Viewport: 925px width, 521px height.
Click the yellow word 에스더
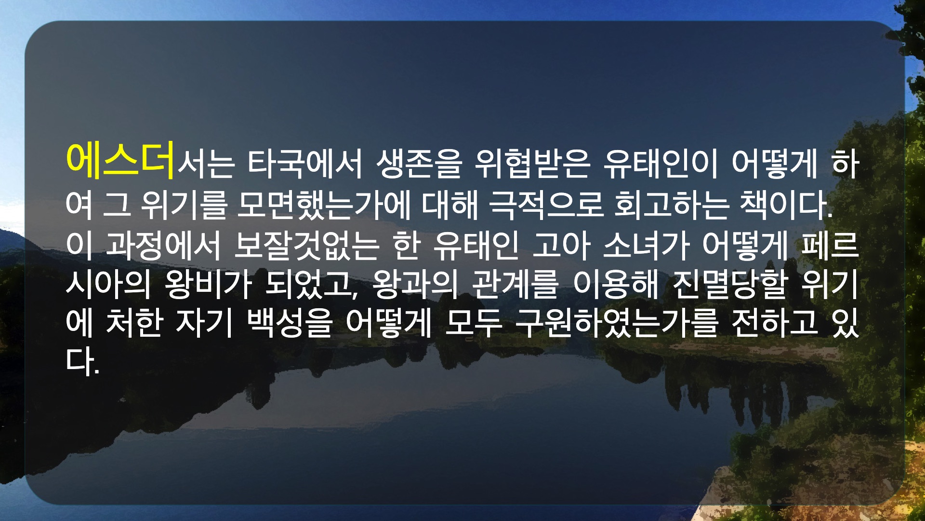coord(120,160)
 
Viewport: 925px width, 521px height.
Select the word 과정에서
coord(163,245)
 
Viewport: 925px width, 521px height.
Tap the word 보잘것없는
coord(307,245)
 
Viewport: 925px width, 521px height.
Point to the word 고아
coord(561,245)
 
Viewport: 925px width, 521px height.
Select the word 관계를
coord(515,284)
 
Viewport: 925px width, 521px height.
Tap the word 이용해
coord(615,284)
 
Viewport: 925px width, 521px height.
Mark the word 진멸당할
coord(729,284)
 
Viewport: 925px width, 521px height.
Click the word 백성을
coord(290,323)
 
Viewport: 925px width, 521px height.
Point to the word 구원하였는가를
coord(617,323)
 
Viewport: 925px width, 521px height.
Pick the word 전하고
coord(775,323)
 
